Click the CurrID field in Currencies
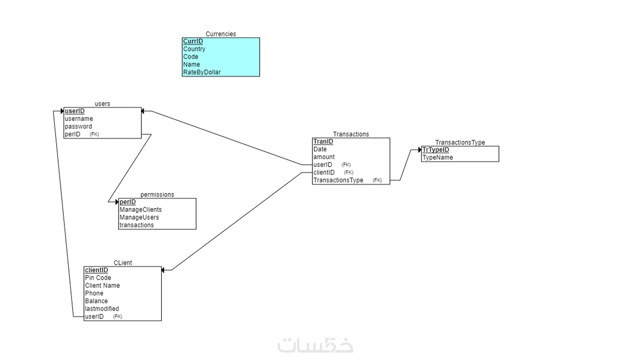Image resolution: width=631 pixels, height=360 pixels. pyautogui.click(x=193, y=42)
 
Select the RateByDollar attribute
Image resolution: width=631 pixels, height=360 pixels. pyautogui.click(x=202, y=72)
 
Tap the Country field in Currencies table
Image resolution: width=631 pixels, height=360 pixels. pyautogui.click(x=194, y=49)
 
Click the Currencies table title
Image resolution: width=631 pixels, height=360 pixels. pyautogui.click(x=220, y=34)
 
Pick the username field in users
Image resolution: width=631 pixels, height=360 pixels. pyautogui.click(x=79, y=119)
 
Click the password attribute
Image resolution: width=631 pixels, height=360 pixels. pyautogui.click(x=78, y=127)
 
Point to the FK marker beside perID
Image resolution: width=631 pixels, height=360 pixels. pyautogui.click(x=94, y=134)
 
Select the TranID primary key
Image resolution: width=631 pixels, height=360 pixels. pyautogui.click(x=323, y=141)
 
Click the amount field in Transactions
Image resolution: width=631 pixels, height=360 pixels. pyautogui.click(x=324, y=157)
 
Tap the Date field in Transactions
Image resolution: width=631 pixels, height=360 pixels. pyautogui.click(x=320, y=149)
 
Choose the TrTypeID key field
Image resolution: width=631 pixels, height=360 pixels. pyautogui.click(x=435, y=150)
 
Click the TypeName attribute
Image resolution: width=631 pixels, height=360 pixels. pyautogui.click(x=438, y=157)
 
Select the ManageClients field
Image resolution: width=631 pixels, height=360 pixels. pyautogui.click(x=141, y=210)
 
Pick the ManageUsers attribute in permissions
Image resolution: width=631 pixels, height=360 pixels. pyautogui.click(x=139, y=217)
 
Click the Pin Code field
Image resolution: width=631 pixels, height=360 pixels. pyautogui.click(x=98, y=278)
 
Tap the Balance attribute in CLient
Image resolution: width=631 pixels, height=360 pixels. pyautogui.click(x=97, y=301)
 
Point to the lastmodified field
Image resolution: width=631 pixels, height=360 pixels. pyautogui.click(x=102, y=309)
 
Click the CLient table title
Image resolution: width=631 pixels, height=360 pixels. pyautogui.click(x=122, y=263)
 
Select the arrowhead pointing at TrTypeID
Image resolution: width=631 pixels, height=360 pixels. pyautogui.click(x=420, y=150)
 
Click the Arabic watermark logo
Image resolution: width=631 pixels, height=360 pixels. pyautogui.click(x=315, y=345)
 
